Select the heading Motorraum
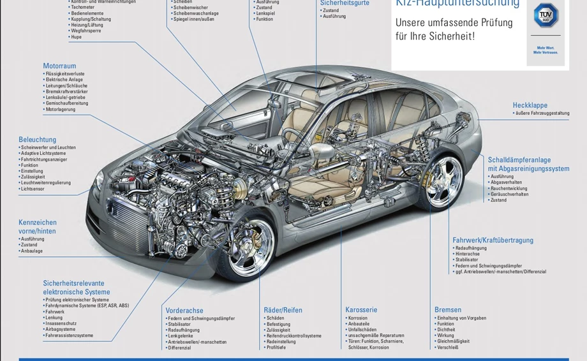pyautogui.click(x=59, y=66)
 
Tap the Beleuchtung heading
pyautogui.click(x=38, y=139)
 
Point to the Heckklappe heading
pyautogui.click(x=530, y=105)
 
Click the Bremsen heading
pyautogui.click(x=448, y=310)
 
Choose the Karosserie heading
pyautogui.click(x=361, y=310)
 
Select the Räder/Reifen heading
pyautogui.click(x=283, y=310)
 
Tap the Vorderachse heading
pyautogui.click(x=184, y=311)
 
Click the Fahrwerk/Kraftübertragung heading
pyautogui.click(x=493, y=240)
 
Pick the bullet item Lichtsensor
pyautogui.click(x=33, y=189)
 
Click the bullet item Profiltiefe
pyautogui.click(x=276, y=348)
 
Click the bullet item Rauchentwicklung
pyautogui.click(x=509, y=188)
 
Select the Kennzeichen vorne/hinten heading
pyautogui.click(x=38, y=226)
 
